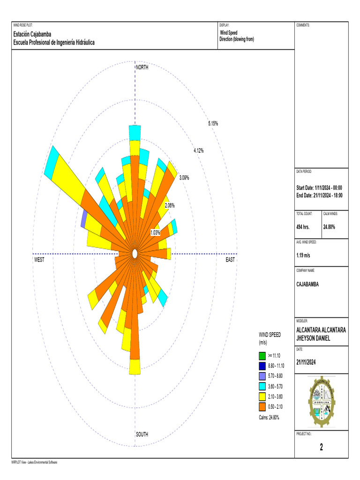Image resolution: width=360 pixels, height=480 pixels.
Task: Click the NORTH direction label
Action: pyautogui.click(x=142, y=68)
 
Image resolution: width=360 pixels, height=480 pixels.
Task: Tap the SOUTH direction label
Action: pyautogui.click(x=142, y=435)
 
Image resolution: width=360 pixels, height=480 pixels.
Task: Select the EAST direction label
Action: pyautogui.click(x=230, y=260)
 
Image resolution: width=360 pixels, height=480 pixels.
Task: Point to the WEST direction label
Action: pyautogui.click(x=39, y=260)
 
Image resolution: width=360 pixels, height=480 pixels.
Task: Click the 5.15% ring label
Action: pyautogui.click(x=213, y=123)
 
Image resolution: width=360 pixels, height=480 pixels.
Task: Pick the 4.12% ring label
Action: pyautogui.click(x=198, y=150)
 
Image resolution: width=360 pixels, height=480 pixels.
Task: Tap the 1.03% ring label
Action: pyautogui.click(x=155, y=232)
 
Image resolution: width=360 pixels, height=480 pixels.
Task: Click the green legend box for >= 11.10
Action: pyautogui.click(x=262, y=355)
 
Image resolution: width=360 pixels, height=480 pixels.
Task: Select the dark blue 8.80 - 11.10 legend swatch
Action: pyautogui.click(x=262, y=366)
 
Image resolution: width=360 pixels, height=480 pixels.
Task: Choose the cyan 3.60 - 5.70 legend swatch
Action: pyautogui.click(x=262, y=386)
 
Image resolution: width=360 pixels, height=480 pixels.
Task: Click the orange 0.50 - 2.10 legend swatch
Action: pyautogui.click(x=262, y=406)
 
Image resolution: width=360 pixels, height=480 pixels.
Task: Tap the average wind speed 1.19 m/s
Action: pyautogui.click(x=306, y=255)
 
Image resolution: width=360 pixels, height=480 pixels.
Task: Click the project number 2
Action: pyautogui.click(x=321, y=447)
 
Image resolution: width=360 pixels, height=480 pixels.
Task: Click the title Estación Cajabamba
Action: pyautogui.click(x=32, y=34)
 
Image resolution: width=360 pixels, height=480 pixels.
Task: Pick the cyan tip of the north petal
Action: pyautogui.click(x=135, y=132)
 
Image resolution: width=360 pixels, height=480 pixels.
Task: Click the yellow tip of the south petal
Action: pyautogui.click(x=135, y=367)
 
